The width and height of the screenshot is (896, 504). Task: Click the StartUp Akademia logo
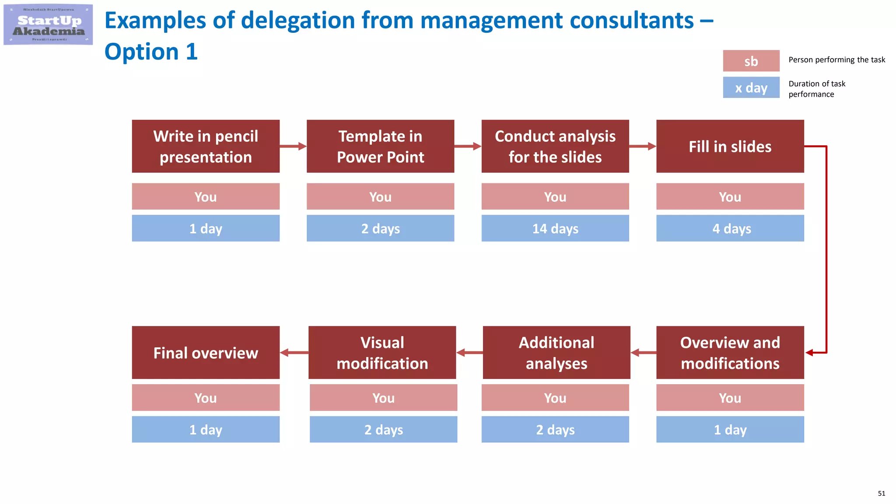click(x=48, y=24)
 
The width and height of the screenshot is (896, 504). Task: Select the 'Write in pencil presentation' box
click(x=206, y=146)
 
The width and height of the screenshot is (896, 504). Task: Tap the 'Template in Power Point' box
click(x=380, y=146)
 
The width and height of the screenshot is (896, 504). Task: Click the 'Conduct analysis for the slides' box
click(x=555, y=146)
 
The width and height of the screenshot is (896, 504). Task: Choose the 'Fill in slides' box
click(x=730, y=146)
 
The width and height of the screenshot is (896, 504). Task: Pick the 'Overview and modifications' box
click(x=730, y=352)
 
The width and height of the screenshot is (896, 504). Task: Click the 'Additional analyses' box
click(x=556, y=352)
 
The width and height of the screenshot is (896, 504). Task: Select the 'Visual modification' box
click(x=382, y=352)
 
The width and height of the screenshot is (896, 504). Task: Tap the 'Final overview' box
click(x=206, y=352)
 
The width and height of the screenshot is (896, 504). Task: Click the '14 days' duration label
click(x=555, y=228)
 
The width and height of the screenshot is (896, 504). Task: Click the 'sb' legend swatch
click(x=751, y=61)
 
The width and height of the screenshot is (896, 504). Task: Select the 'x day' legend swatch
click(x=751, y=87)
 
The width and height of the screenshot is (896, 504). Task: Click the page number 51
click(x=881, y=493)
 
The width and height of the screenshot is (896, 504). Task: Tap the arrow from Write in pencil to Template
click(x=293, y=146)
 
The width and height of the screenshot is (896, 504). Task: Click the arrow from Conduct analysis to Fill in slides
click(x=643, y=146)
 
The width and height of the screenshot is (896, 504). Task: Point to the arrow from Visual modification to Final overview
click(x=294, y=353)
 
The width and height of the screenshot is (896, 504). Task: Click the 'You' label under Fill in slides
click(x=730, y=196)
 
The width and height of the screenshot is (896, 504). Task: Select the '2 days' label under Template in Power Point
click(x=380, y=228)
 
